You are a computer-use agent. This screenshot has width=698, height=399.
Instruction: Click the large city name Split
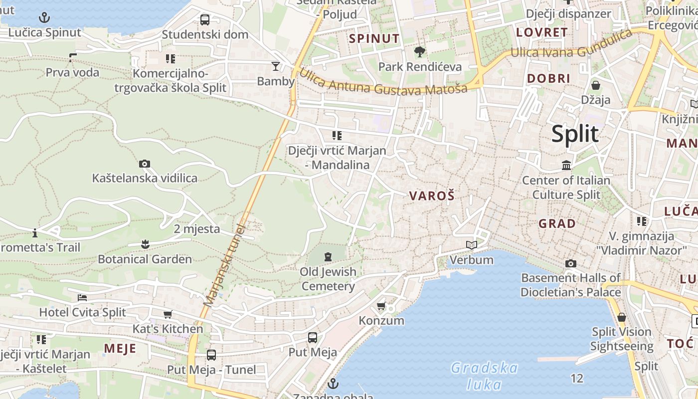pyautogui.click(x=574, y=134)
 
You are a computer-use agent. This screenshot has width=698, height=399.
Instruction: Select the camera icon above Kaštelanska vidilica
pyautogui.click(x=145, y=164)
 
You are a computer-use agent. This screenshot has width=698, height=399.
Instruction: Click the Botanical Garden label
pyautogui.click(x=145, y=259)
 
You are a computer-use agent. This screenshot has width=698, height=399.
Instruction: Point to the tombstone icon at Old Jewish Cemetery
pyautogui.click(x=328, y=257)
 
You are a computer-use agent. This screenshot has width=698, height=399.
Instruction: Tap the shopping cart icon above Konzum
pyautogui.click(x=381, y=305)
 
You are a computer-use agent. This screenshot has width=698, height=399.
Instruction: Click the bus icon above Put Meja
pyautogui.click(x=313, y=338)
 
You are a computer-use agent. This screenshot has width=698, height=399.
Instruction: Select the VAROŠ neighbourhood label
pyautogui.click(x=432, y=196)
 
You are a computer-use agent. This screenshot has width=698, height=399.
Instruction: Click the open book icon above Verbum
pyautogui.click(x=471, y=245)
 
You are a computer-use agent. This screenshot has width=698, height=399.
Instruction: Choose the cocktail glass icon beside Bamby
pyautogui.click(x=275, y=66)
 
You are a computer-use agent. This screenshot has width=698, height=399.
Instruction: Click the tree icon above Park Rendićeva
pyautogui.click(x=420, y=51)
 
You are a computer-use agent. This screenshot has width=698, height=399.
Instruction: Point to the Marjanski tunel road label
pyautogui.click(x=225, y=265)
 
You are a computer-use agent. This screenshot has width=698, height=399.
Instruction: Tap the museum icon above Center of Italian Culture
pyautogui.click(x=566, y=165)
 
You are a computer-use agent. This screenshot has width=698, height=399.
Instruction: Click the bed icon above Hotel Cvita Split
pyautogui.click(x=82, y=298)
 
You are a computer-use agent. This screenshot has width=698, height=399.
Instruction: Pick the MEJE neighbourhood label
pyautogui.click(x=120, y=348)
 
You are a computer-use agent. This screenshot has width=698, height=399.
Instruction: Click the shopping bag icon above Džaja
pyautogui.click(x=595, y=85)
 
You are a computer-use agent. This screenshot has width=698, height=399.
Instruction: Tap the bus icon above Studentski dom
pyautogui.click(x=204, y=20)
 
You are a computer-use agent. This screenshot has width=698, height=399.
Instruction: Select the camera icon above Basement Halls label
pyautogui.click(x=571, y=263)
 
